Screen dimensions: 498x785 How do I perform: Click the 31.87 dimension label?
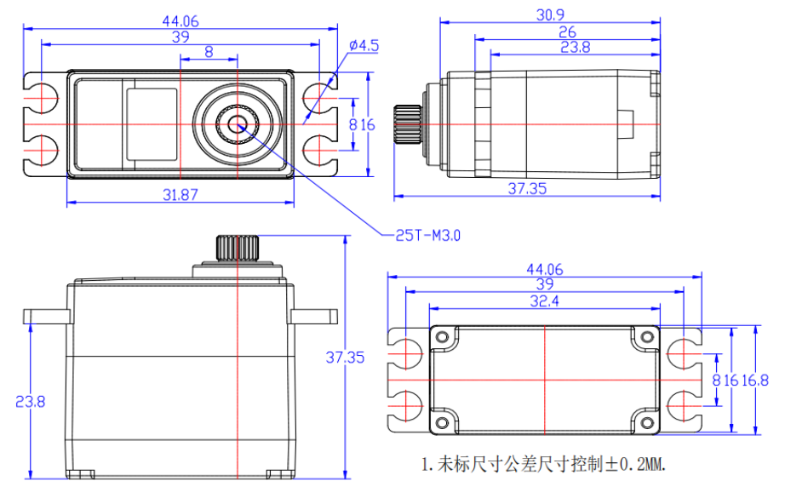(x=180, y=194)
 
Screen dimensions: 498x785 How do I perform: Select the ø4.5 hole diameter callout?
(x=364, y=46)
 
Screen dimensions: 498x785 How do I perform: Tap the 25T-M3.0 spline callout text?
(x=427, y=234)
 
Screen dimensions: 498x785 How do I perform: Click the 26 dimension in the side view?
(x=567, y=31)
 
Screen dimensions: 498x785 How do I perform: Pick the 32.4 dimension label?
(x=545, y=301)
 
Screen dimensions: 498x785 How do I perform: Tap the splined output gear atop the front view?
(x=236, y=248)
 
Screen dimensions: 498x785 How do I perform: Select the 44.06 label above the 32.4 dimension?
(x=545, y=269)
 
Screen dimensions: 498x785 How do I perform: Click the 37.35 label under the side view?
(x=527, y=189)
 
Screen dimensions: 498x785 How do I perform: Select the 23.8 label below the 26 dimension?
(x=576, y=48)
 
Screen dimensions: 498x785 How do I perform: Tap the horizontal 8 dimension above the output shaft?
(x=209, y=53)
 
